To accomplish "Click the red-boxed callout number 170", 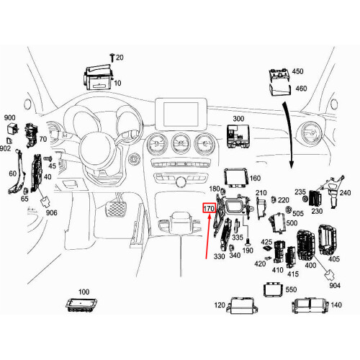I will (210, 209).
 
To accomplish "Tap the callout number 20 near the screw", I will (120, 57).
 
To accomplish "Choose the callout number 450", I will (297, 72).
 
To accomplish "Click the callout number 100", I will (84, 292).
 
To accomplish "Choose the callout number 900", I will (9, 117).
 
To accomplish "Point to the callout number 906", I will (51, 212).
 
